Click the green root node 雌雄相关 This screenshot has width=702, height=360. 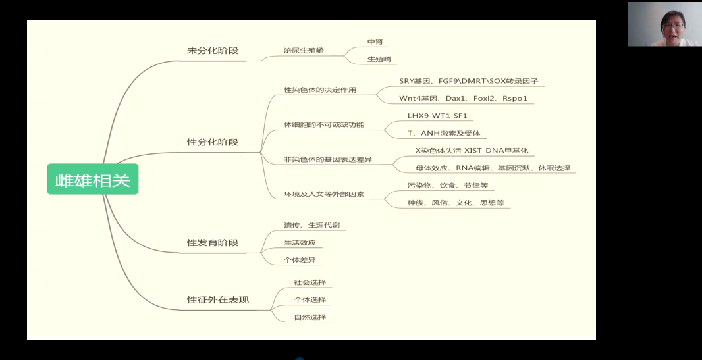[x=93, y=179]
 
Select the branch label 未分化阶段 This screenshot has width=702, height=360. [x=213, y=51]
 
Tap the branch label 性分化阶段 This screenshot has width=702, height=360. [x=213, y=142]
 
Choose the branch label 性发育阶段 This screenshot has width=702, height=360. [x=213, y=243]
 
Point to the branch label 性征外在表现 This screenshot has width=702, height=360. [x=217, y=299]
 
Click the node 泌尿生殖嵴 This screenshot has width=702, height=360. [x=304, y=51]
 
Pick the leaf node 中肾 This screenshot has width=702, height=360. [x=375, y=41]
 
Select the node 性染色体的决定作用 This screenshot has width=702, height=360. [x=320, y=90]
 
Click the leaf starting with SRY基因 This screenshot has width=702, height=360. [x=468, y=82]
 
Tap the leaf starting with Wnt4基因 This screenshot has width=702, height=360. [x=463, y=98]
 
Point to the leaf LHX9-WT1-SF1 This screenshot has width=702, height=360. [x=437, y=116]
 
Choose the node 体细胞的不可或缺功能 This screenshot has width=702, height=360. [x=324, y=125]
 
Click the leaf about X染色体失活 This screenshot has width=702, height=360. [x=472, y=151]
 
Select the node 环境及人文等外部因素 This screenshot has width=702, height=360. [x=324, y=194]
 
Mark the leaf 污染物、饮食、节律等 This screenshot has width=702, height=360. [x=448, y=185]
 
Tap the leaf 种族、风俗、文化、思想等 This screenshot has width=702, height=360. [x=456, y=203]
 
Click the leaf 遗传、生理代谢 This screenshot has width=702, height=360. [x=312, y=225]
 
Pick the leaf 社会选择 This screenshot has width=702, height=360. [x=310, y=282]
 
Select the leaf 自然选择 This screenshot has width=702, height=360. [x=310, y=317]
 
